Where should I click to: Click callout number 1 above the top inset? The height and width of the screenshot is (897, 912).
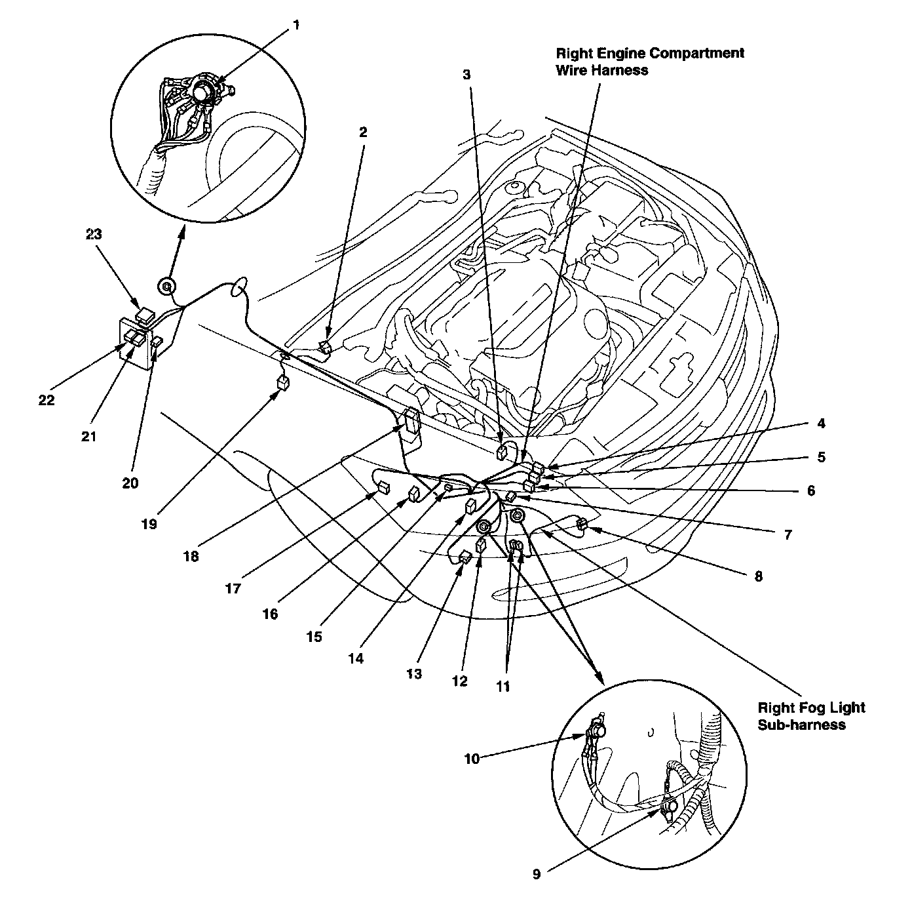pyautogui.click(x=296, y=26)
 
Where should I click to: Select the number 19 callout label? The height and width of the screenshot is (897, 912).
pyautogui.click(x=149, y=524)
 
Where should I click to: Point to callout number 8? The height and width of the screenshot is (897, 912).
pyautogui.click(x=758, y=576)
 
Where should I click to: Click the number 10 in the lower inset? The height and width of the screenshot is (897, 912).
pyautogui.click(x=472, y=759)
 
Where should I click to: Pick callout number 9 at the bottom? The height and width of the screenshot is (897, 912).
pyautogui.click(x=537, y=873)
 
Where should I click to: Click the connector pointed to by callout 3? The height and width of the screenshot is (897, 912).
pyautogui.click(x=503, y=451)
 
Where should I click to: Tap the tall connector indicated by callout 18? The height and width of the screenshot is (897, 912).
pyautogui.click(x=411, y=420)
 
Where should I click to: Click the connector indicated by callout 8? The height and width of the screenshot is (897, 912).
pyautogui.click(x=580, y=523)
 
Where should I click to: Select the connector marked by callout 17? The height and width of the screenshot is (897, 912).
pyautogui.click(x=383, y=488)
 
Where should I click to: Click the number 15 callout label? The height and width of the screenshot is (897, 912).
pyautogui.click(x=314, y=636)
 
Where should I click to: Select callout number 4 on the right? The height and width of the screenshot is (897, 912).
pyautogui.click(x=821, y=424)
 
